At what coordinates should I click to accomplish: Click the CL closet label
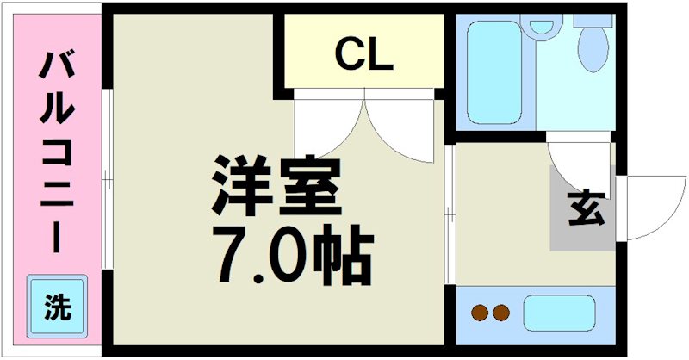tap(363, 55)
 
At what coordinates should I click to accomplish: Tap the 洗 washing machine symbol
tap(58, 306)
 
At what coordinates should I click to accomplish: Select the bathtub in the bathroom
tap(494, 74)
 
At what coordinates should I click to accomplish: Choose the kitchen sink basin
tap(560, 312)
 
